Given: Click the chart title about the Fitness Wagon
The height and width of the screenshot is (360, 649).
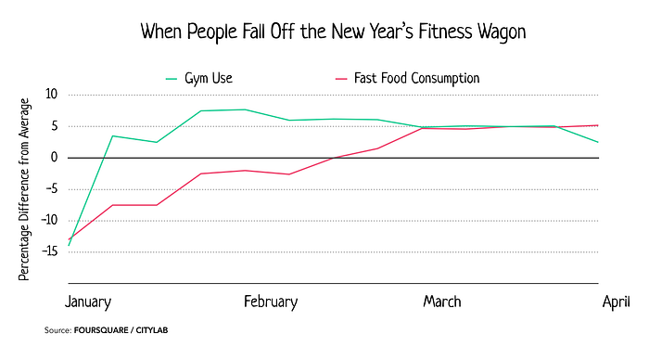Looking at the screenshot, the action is (x=333, y=32).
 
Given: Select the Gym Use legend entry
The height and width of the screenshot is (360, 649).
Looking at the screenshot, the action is (x=199, y=78).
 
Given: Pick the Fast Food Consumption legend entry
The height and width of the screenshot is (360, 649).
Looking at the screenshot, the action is (x=407, y=78).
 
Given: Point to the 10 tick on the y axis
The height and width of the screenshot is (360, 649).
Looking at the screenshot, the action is (x=51, y=94).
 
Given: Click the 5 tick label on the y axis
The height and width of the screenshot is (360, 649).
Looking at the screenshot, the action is (x=54, y=126).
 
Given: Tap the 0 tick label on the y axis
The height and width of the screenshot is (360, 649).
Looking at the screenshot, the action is (x=54, y=158).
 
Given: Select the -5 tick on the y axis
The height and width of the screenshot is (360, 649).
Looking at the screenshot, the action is (x=51, y=189).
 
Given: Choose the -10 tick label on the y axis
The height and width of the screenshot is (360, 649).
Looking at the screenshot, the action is (x=50, y=221).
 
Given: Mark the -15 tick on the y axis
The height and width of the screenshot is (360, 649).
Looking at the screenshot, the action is (x=50, y=251).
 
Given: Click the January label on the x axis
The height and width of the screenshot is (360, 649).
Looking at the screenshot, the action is (x=88, y=302).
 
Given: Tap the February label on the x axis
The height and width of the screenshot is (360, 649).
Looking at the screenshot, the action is (x=271, y=302).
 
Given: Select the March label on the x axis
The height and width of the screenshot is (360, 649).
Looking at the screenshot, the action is (x=442, y=302).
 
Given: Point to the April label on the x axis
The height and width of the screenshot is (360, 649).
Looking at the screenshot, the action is (x=617, y=302).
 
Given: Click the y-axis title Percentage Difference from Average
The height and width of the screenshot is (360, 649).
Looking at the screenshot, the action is (x=24, y=189).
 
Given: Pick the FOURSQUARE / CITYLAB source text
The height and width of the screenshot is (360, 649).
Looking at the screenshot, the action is (x=121, y=330).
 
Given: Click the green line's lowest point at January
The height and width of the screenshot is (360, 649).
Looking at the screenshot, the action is (x=69, y=246).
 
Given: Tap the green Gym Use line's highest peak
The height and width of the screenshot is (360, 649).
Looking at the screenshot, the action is (x=245, y=109).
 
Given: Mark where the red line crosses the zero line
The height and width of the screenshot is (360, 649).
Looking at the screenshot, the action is (x=333, y=158).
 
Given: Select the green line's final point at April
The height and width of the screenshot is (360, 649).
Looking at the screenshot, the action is (x=598, y=142).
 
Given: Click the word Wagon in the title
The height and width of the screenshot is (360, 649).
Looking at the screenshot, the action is (x=502, y=32).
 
